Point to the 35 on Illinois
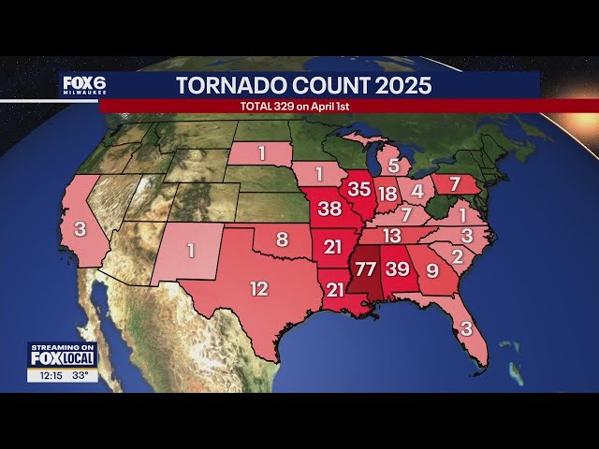[359, 188]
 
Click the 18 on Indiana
[387, 195]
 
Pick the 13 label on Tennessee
[391, 236]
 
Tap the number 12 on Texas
[258, 289]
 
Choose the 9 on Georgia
[431, 271]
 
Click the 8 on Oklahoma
[282, 239]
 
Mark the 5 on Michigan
[394, 166]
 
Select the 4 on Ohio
[417, 191]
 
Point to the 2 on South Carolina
[457, 255]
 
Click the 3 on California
[81, 228]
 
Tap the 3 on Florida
[466, 328]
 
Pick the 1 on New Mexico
[191, 251]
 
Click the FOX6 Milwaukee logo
[84, 85]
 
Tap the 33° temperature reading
[81, 375]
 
